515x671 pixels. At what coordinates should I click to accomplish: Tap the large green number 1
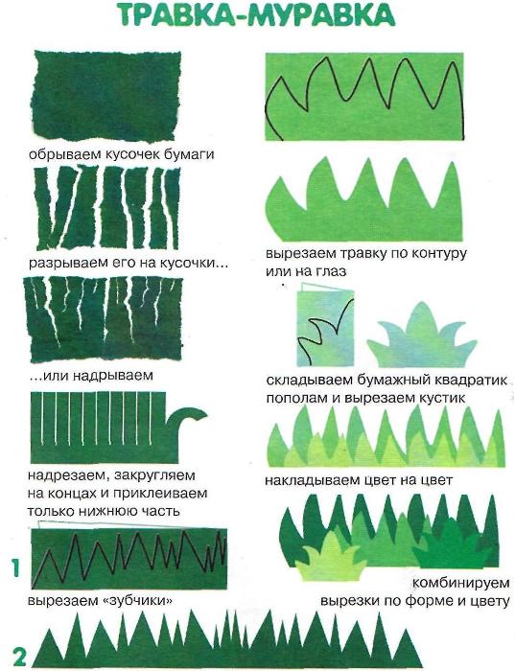(x=15, y=568)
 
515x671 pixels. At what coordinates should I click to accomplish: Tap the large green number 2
(x=20, y=657)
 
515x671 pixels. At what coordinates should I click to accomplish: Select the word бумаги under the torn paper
(x=189, y=154)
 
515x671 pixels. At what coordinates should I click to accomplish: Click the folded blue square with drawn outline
(x=326, y=329)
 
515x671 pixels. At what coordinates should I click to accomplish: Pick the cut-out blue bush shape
(x=421, y=336)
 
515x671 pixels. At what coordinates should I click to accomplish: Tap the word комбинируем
(x=461, y=583)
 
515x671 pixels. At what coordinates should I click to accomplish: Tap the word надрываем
(x=112, y=376)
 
